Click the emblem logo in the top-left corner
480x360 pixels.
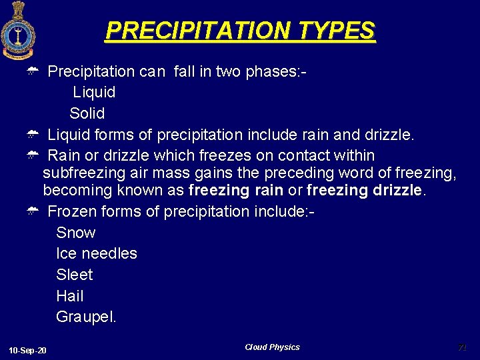coord(18,30)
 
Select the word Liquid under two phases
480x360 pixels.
coord(94,92)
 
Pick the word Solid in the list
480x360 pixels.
coord(87,113)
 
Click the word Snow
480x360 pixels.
coord(76,233)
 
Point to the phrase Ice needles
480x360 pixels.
coord(97,253)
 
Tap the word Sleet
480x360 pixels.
coord(75,275)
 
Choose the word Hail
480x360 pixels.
coord(70,296)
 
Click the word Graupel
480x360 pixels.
coord(86,317)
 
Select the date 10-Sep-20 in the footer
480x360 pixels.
coord(28,351)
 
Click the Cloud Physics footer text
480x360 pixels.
coord(272,347)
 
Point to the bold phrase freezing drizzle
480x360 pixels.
coord(364,190)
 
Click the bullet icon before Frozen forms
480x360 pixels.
coord(31,212)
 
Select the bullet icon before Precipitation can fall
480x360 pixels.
coord(31,71)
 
